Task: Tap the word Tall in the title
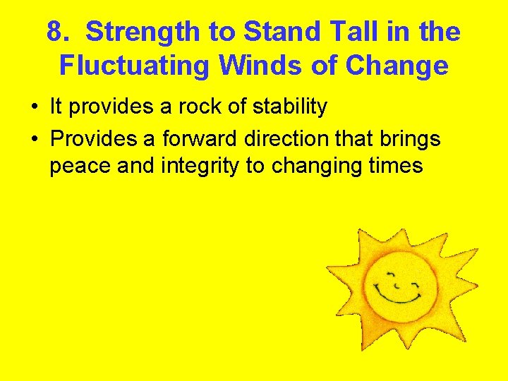pyautogui.click(x=343, y=32)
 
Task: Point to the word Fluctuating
pyautogui.click(x=135, y=66)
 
